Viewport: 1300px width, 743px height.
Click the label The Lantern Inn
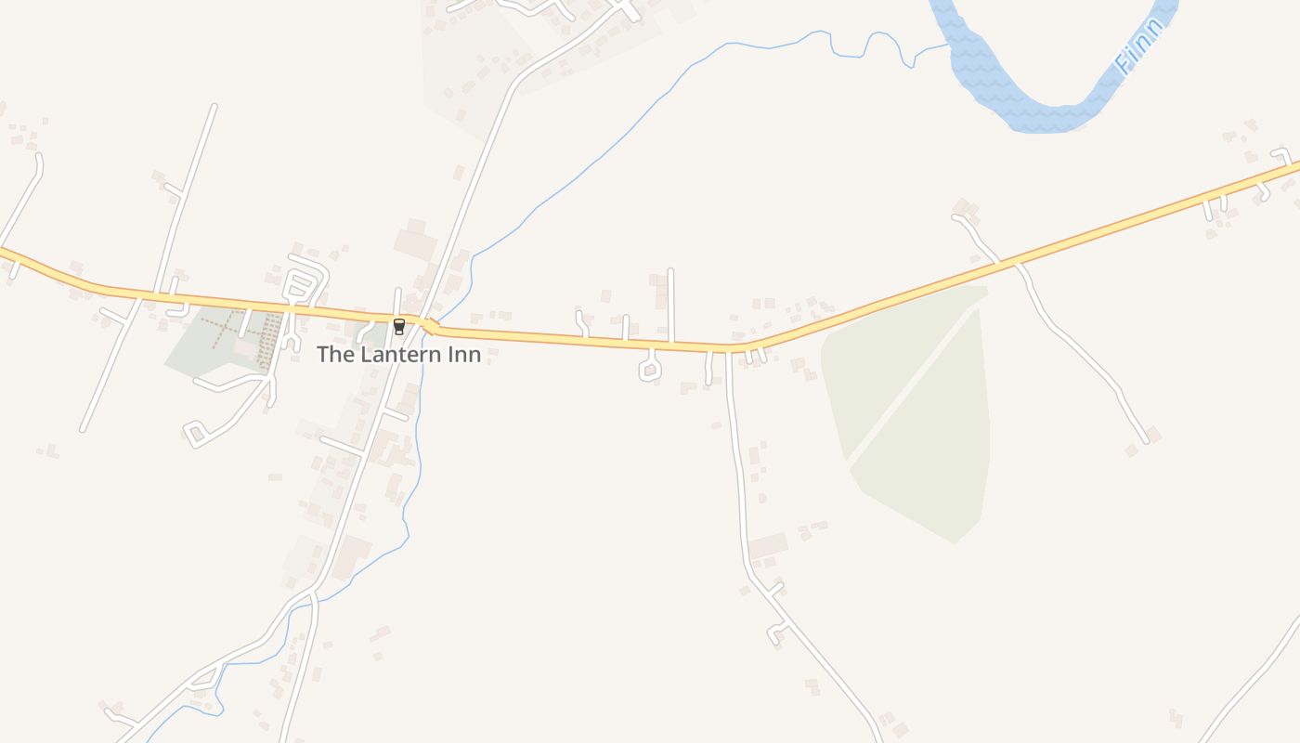tap(398, 354)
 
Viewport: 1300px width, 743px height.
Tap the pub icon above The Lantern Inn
tap(399, 326)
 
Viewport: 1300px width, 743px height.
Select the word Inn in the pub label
tap(462, 354)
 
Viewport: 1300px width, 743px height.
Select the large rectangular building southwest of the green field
tap(768, 545)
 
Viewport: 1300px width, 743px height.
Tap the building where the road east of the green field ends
tap(1153, 433)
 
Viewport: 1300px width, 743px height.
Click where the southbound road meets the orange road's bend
tap(729, 350)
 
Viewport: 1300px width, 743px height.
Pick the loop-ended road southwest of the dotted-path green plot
tap(197, 434)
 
